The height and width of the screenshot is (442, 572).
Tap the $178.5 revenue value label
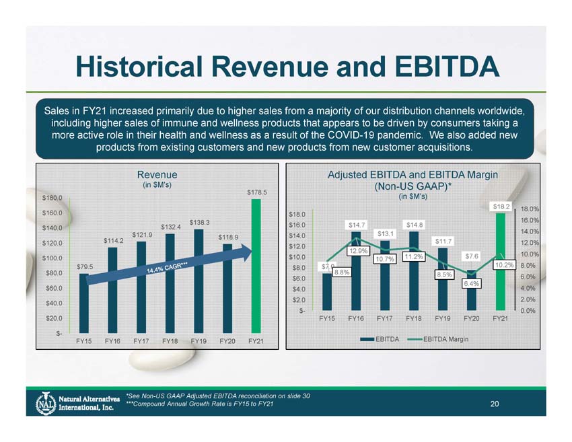point(256,192)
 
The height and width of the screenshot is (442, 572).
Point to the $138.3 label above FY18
point(199,223)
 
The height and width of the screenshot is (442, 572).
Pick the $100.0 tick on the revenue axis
point(52,258)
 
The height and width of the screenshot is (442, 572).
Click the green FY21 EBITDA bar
point(500,262)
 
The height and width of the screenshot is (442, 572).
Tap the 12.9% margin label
point(357,252)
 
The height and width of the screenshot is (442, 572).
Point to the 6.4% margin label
point(471,284)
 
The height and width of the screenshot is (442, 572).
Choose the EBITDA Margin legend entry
point(444,338)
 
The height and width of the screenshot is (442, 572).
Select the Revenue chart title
point(157,174)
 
